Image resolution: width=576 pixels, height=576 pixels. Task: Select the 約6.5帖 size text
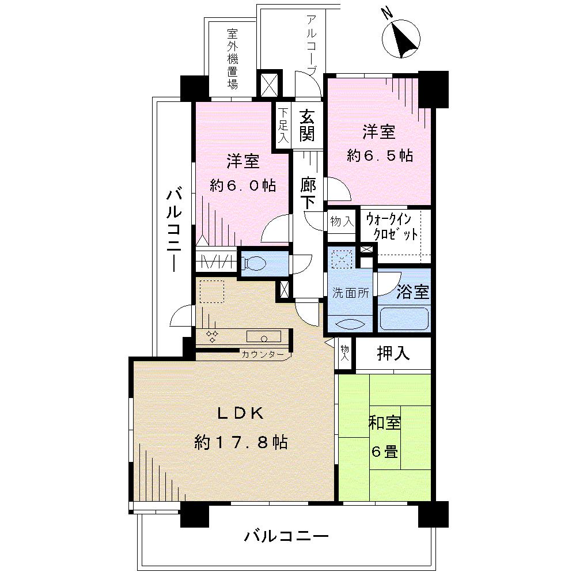379,156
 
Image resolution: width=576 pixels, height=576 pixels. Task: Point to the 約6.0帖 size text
242,185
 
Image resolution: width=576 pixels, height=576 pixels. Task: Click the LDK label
240,413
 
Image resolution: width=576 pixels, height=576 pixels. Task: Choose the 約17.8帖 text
241,442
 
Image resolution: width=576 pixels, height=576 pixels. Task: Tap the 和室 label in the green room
384,423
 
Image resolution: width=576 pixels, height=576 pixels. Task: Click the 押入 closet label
393,353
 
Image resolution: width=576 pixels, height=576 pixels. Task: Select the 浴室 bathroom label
413,291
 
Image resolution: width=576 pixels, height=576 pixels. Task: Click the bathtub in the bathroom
404,319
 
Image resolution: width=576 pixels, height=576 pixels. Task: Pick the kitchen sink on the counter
264,337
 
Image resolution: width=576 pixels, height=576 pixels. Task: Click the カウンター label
263,354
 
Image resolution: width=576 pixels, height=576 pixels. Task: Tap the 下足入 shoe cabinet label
283,126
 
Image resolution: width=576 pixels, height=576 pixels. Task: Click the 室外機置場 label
232,59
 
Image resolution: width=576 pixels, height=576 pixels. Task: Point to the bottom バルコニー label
286,536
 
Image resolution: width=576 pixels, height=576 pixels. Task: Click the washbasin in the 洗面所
350,323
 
